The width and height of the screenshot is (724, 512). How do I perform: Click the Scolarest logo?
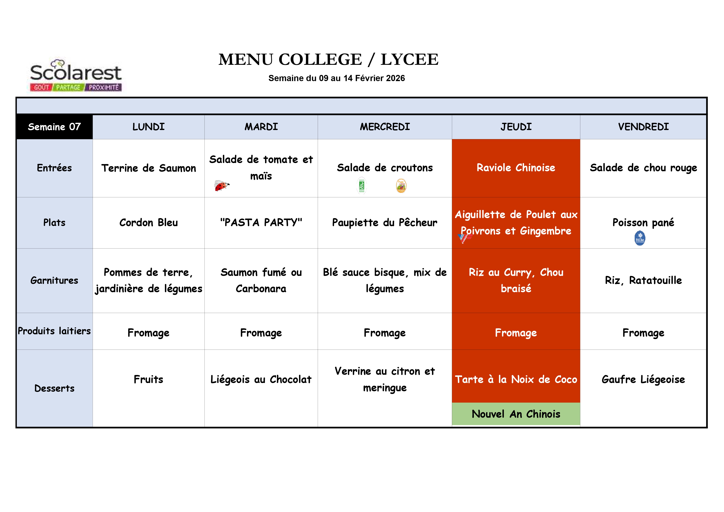pos(76,76)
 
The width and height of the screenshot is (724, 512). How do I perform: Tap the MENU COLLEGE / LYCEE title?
pos(328,60)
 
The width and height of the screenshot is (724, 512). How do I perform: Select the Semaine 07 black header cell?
pos(54,127)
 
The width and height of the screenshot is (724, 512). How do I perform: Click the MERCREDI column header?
pos(385,127)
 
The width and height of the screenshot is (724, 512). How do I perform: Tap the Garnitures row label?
pos(54,280)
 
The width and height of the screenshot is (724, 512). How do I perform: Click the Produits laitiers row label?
pos(54,331)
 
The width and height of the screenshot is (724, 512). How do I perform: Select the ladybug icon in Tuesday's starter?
pos(222,186)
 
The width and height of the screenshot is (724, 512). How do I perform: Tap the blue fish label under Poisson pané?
pos(640,238)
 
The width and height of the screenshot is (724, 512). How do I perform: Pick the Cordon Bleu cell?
pos(149,223)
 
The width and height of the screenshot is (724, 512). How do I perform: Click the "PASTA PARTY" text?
pos(261,223)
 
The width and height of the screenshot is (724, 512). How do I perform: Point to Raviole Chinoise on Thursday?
pos(516,168)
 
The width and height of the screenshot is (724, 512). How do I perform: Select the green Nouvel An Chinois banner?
pos(516,414)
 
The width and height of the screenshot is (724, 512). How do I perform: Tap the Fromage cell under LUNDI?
pos(149,333)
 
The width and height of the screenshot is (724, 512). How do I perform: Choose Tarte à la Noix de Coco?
pos(516,380)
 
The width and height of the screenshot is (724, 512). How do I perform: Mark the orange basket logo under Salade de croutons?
pos(401,186)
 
